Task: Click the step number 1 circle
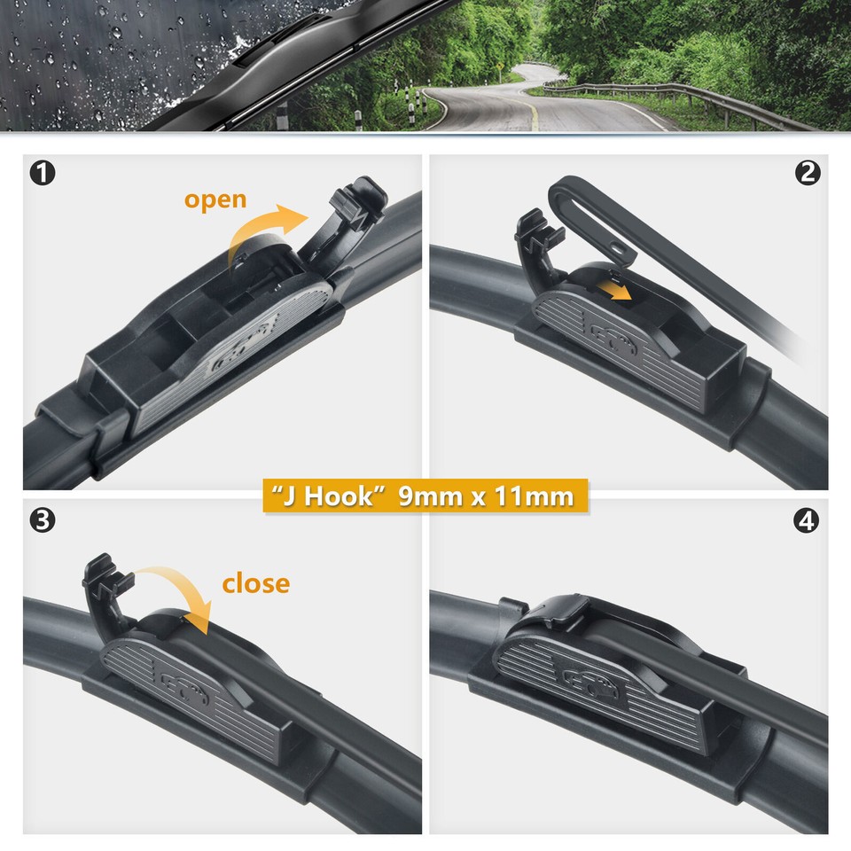coord(42,173)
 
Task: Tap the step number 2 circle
coord(808,173)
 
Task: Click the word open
coord(215,199)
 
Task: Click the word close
coord(255,583)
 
